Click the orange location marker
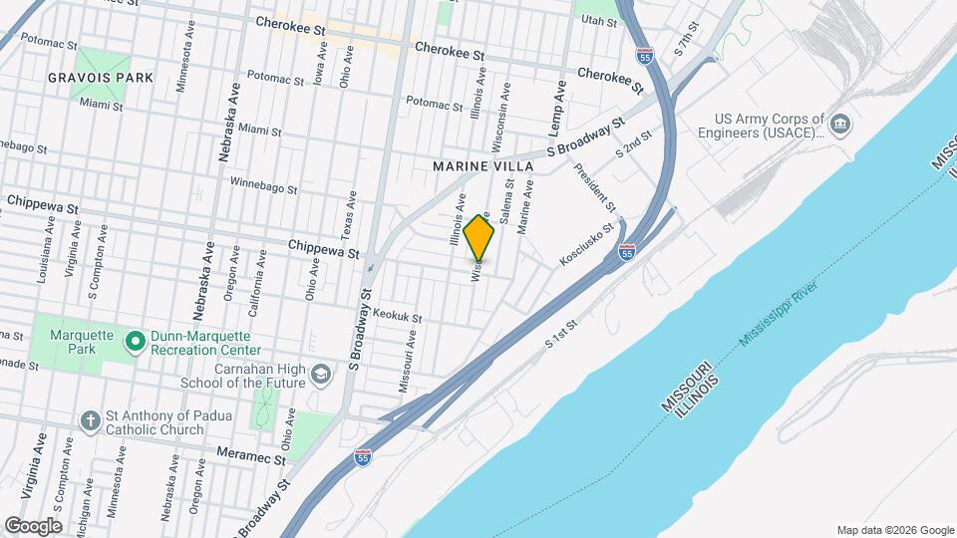coord(478,237)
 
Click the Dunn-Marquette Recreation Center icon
coord(136,343)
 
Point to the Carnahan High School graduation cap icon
coord(320,375)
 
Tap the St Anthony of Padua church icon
coord(90,419)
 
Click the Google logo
coord(33,525)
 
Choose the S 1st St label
coord(561,335)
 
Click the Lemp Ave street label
coord(560,105)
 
